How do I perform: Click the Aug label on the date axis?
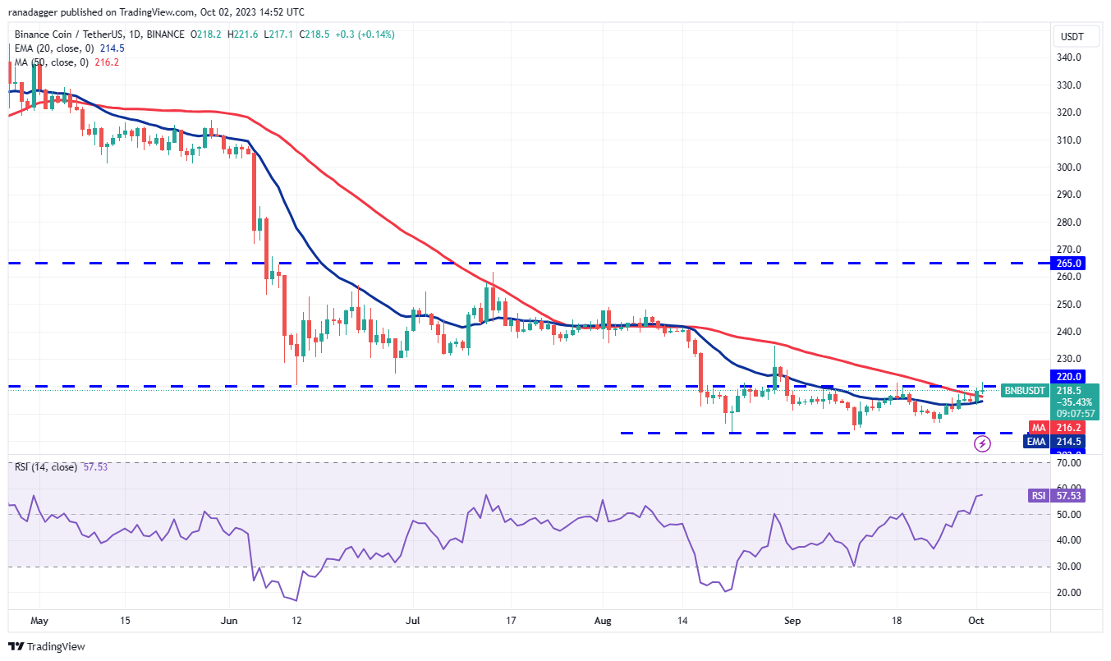(603, 621)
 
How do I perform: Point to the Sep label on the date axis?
(792, 621)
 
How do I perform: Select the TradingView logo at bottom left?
(47, 646)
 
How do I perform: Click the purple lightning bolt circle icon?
(983, 444)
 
